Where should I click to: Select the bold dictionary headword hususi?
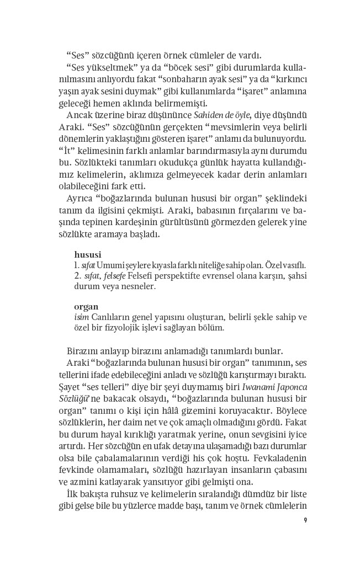(87, 254)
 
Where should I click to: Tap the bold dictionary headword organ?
(86, 306)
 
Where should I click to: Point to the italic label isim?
(81, 317)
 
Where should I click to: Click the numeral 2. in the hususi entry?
(78, 275)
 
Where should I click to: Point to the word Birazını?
(84, 351)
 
